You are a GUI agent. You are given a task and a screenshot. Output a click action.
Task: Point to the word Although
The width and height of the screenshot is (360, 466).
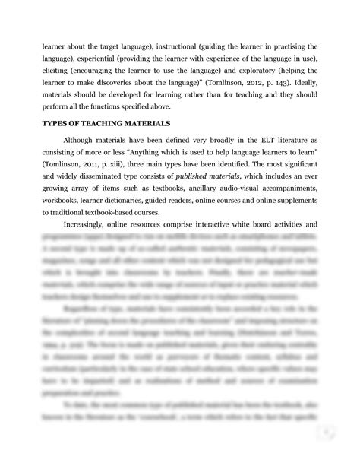pos(81,141)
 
